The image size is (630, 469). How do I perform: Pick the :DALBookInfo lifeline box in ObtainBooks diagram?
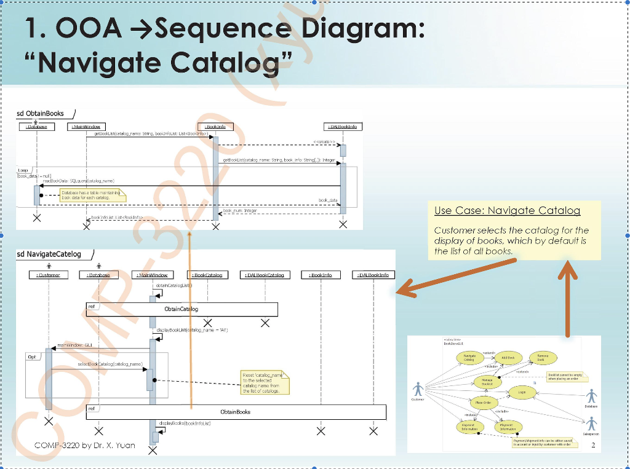tap(343, 127)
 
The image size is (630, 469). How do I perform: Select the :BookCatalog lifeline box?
tap(207, 275)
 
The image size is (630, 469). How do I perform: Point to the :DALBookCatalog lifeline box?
tap(265, 275)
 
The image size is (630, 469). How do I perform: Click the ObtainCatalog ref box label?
tap(181, 309)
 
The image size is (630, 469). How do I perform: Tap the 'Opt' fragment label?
tap(33, 357)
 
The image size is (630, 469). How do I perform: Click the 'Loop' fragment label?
tap(23, 170)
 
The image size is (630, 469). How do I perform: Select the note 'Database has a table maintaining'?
tap(92, 195)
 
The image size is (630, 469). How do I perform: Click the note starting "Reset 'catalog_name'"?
tap(264, 382)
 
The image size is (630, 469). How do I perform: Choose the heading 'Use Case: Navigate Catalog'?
tap(507, 211)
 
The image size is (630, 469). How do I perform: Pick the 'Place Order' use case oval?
tap(482, 403)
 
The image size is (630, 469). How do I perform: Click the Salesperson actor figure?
tap(592, 424)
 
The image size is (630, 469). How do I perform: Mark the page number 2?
tap(592, 445)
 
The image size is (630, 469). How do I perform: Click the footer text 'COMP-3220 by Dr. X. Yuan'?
tap(85, 444)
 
